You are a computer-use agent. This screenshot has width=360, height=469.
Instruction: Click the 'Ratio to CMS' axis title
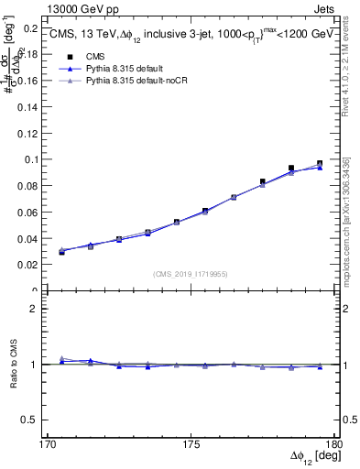[12, 365]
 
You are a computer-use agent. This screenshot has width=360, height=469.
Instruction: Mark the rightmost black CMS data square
[320, 164]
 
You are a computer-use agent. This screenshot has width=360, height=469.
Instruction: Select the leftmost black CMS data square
[61, 251]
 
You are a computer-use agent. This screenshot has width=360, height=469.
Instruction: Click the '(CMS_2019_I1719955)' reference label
[191, 273]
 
